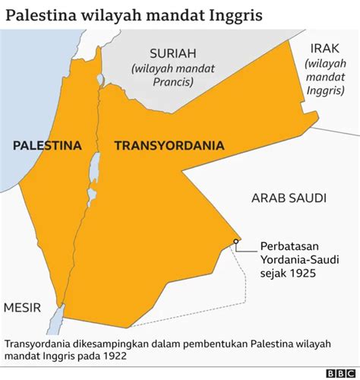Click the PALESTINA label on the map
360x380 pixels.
pyautogui.click(x=46, y=145)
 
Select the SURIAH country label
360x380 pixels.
pyautogui.click(x=172, y=53)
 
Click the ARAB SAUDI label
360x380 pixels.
pyautogui.click(x=289, y=198)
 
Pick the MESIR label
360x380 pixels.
pyautogui.click(x=23, y=308)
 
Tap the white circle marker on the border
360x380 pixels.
pyautogui.click(x=237, y=242)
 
